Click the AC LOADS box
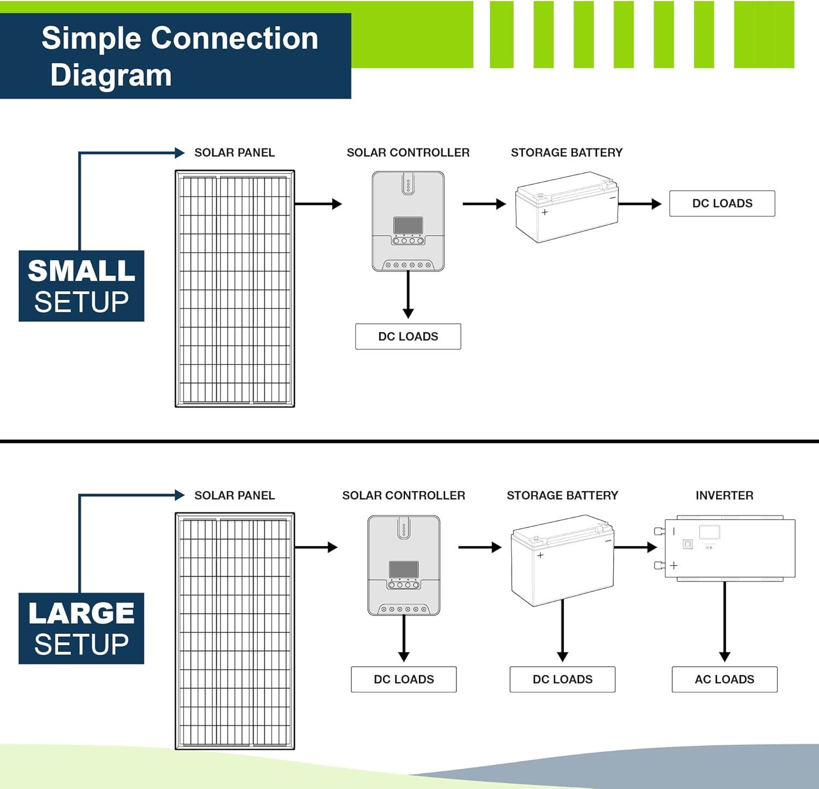click(724, 679)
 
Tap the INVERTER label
click(724, 495)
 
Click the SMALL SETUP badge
click(81, 286)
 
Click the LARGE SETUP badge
click(81, 628)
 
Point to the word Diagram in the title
click(111, 75)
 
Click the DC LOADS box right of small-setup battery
click(722, 203)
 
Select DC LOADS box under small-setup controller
click(408, 336)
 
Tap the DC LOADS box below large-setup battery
click(562, 679)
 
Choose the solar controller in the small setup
click(408, 221)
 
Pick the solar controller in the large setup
click(403, 565)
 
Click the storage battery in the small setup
click(567, 207)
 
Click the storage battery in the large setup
click(562, 560)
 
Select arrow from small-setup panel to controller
click(318, 204)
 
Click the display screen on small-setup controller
click(408, 224)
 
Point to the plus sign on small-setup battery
click(544, 212)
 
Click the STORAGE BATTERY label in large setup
click(562, 495)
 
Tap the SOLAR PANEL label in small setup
click(234, 152)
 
